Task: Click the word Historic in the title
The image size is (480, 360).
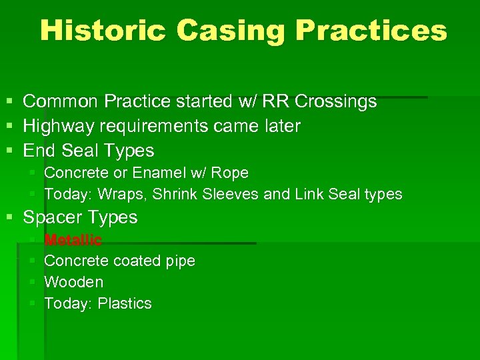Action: (x=101, y=31)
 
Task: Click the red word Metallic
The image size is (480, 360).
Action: (x=73, y=240)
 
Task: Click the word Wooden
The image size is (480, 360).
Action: (x=73, y=282)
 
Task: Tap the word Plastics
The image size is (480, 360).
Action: (x=125, y=304)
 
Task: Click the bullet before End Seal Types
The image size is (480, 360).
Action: (x=8, y=151)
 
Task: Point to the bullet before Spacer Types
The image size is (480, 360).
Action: (x=8, y=217)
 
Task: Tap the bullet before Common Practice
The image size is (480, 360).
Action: (x=8, y=102)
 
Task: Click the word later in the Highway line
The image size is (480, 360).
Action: (x=282, y=126)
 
